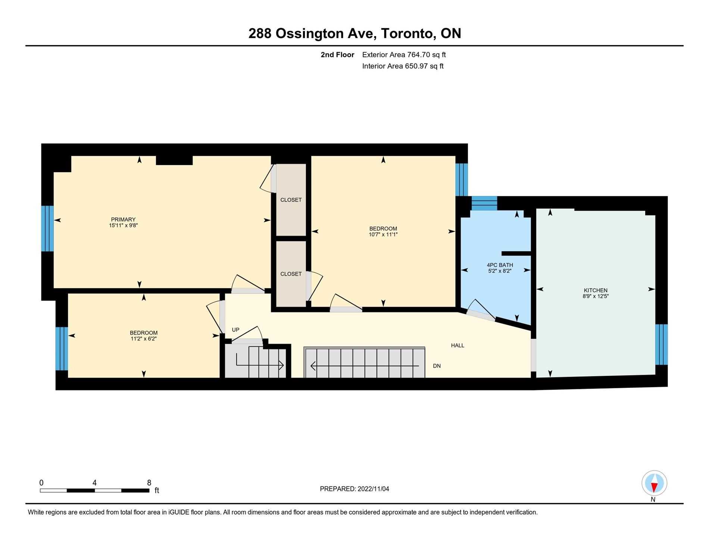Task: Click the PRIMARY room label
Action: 123,219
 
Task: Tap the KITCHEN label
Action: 596,290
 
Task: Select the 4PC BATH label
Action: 500,265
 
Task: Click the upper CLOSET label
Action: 291,200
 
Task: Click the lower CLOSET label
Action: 291,274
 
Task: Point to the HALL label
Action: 457,345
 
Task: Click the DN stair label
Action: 437,366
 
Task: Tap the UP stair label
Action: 235,330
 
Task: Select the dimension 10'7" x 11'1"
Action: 383,234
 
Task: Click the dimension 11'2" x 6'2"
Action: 144,339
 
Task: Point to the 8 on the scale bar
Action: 149,483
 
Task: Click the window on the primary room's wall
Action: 47,228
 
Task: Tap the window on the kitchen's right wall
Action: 661,344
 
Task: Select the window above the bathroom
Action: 484,203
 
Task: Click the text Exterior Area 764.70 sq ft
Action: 404,55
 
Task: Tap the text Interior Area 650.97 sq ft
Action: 403,66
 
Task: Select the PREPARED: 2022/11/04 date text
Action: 354,489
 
